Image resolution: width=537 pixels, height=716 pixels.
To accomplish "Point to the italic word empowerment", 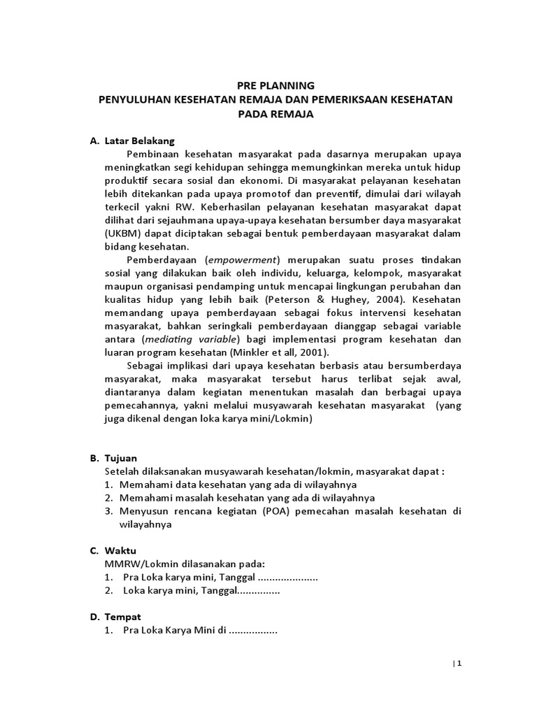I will click(x=248, y=259).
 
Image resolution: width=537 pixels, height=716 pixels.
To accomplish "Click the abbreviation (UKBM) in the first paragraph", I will click(x=124, y=234).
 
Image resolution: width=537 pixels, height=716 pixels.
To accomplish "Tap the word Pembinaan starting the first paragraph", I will click(x=154, y=154).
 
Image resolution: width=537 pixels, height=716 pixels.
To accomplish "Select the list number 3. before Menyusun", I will click(x=109, y=511).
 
